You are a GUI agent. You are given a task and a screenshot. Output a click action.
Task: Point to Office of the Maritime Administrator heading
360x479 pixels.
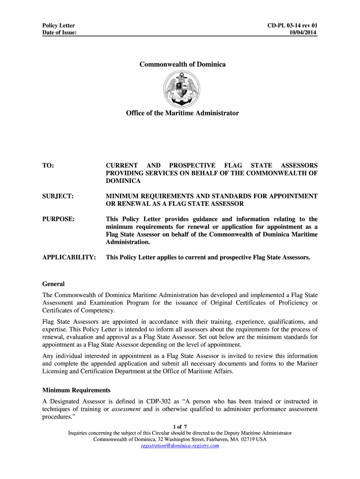pos(182,113)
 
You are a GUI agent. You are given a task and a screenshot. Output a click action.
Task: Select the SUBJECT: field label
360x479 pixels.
pos(58,196)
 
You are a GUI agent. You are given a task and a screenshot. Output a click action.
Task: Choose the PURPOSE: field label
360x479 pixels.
pos(58,219)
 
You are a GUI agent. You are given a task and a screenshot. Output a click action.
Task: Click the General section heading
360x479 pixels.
pos(53,284)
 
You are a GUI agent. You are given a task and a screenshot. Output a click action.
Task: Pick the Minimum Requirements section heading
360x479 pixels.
pos(76,390)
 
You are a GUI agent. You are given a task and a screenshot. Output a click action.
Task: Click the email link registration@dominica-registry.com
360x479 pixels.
pos(180,446)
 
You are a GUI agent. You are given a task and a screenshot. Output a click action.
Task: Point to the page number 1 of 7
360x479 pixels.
pos(180,427)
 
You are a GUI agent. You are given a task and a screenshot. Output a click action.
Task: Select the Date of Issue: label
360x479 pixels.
pos(59,32)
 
